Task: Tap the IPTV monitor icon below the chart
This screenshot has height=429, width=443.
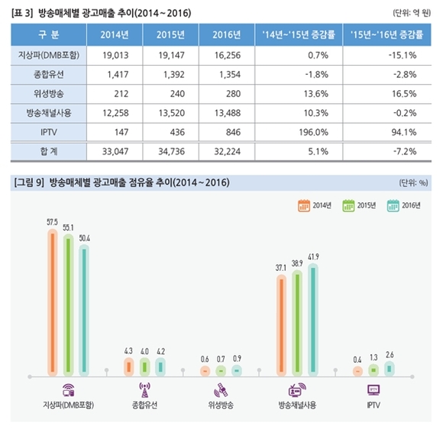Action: (373, 388)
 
